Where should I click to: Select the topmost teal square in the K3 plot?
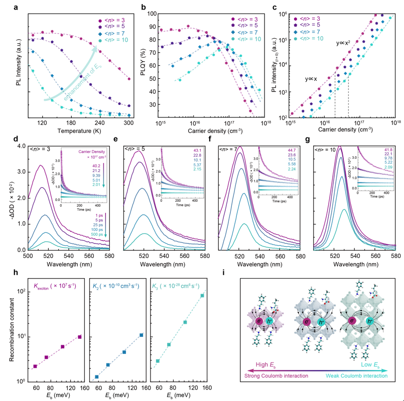click(202, 296)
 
